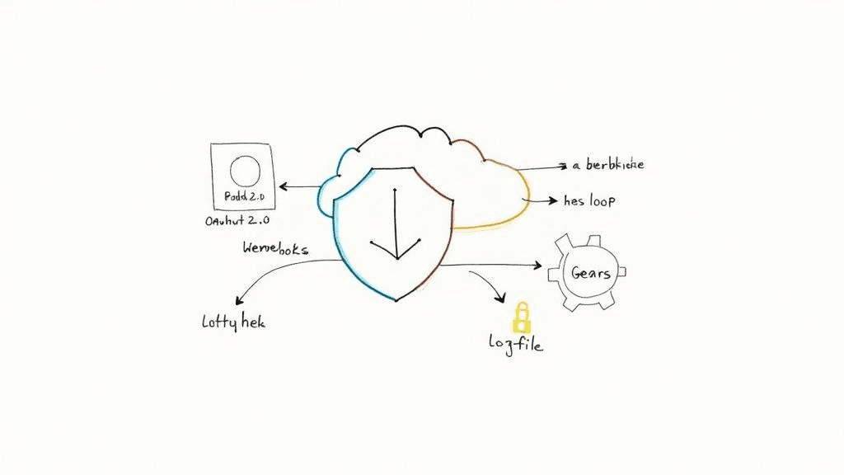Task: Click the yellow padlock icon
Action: [x=521, y=317]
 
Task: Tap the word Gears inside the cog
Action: [x=591, y=272]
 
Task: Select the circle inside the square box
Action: [x=244, y=172]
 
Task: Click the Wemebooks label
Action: [x=275, y=247]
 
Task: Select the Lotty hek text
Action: [x=233, y=322]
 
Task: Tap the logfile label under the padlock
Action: [x=515, y=345]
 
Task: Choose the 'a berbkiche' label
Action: [x=607, y=165]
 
